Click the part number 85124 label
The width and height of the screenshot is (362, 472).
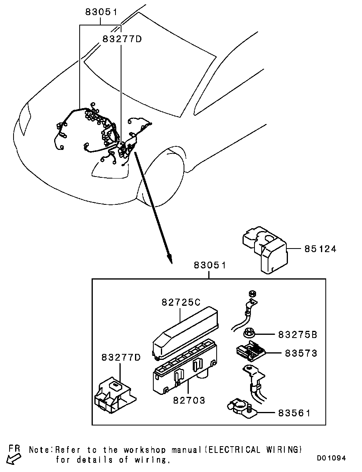pyautogui.click(x=320, y=249)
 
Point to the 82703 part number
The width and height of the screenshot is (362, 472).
pyautogui.click(x=189, y=400)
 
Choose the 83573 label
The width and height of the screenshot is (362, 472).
pyautogui.click(x=301, y=353)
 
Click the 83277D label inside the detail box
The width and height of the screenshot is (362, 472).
pyautogui.click(x=121, y=357)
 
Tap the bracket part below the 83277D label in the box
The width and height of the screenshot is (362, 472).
pyautogui.click(x=114, y=394)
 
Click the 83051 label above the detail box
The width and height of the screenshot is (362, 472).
pyautogui.click(x=210, y=265)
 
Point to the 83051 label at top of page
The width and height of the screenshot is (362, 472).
pyautogui.click(x=102, y=12)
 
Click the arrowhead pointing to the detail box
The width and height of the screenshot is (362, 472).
pyautogui.click(x=170, y=259)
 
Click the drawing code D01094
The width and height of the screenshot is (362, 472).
pyautogui.click(x=331, y=458)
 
